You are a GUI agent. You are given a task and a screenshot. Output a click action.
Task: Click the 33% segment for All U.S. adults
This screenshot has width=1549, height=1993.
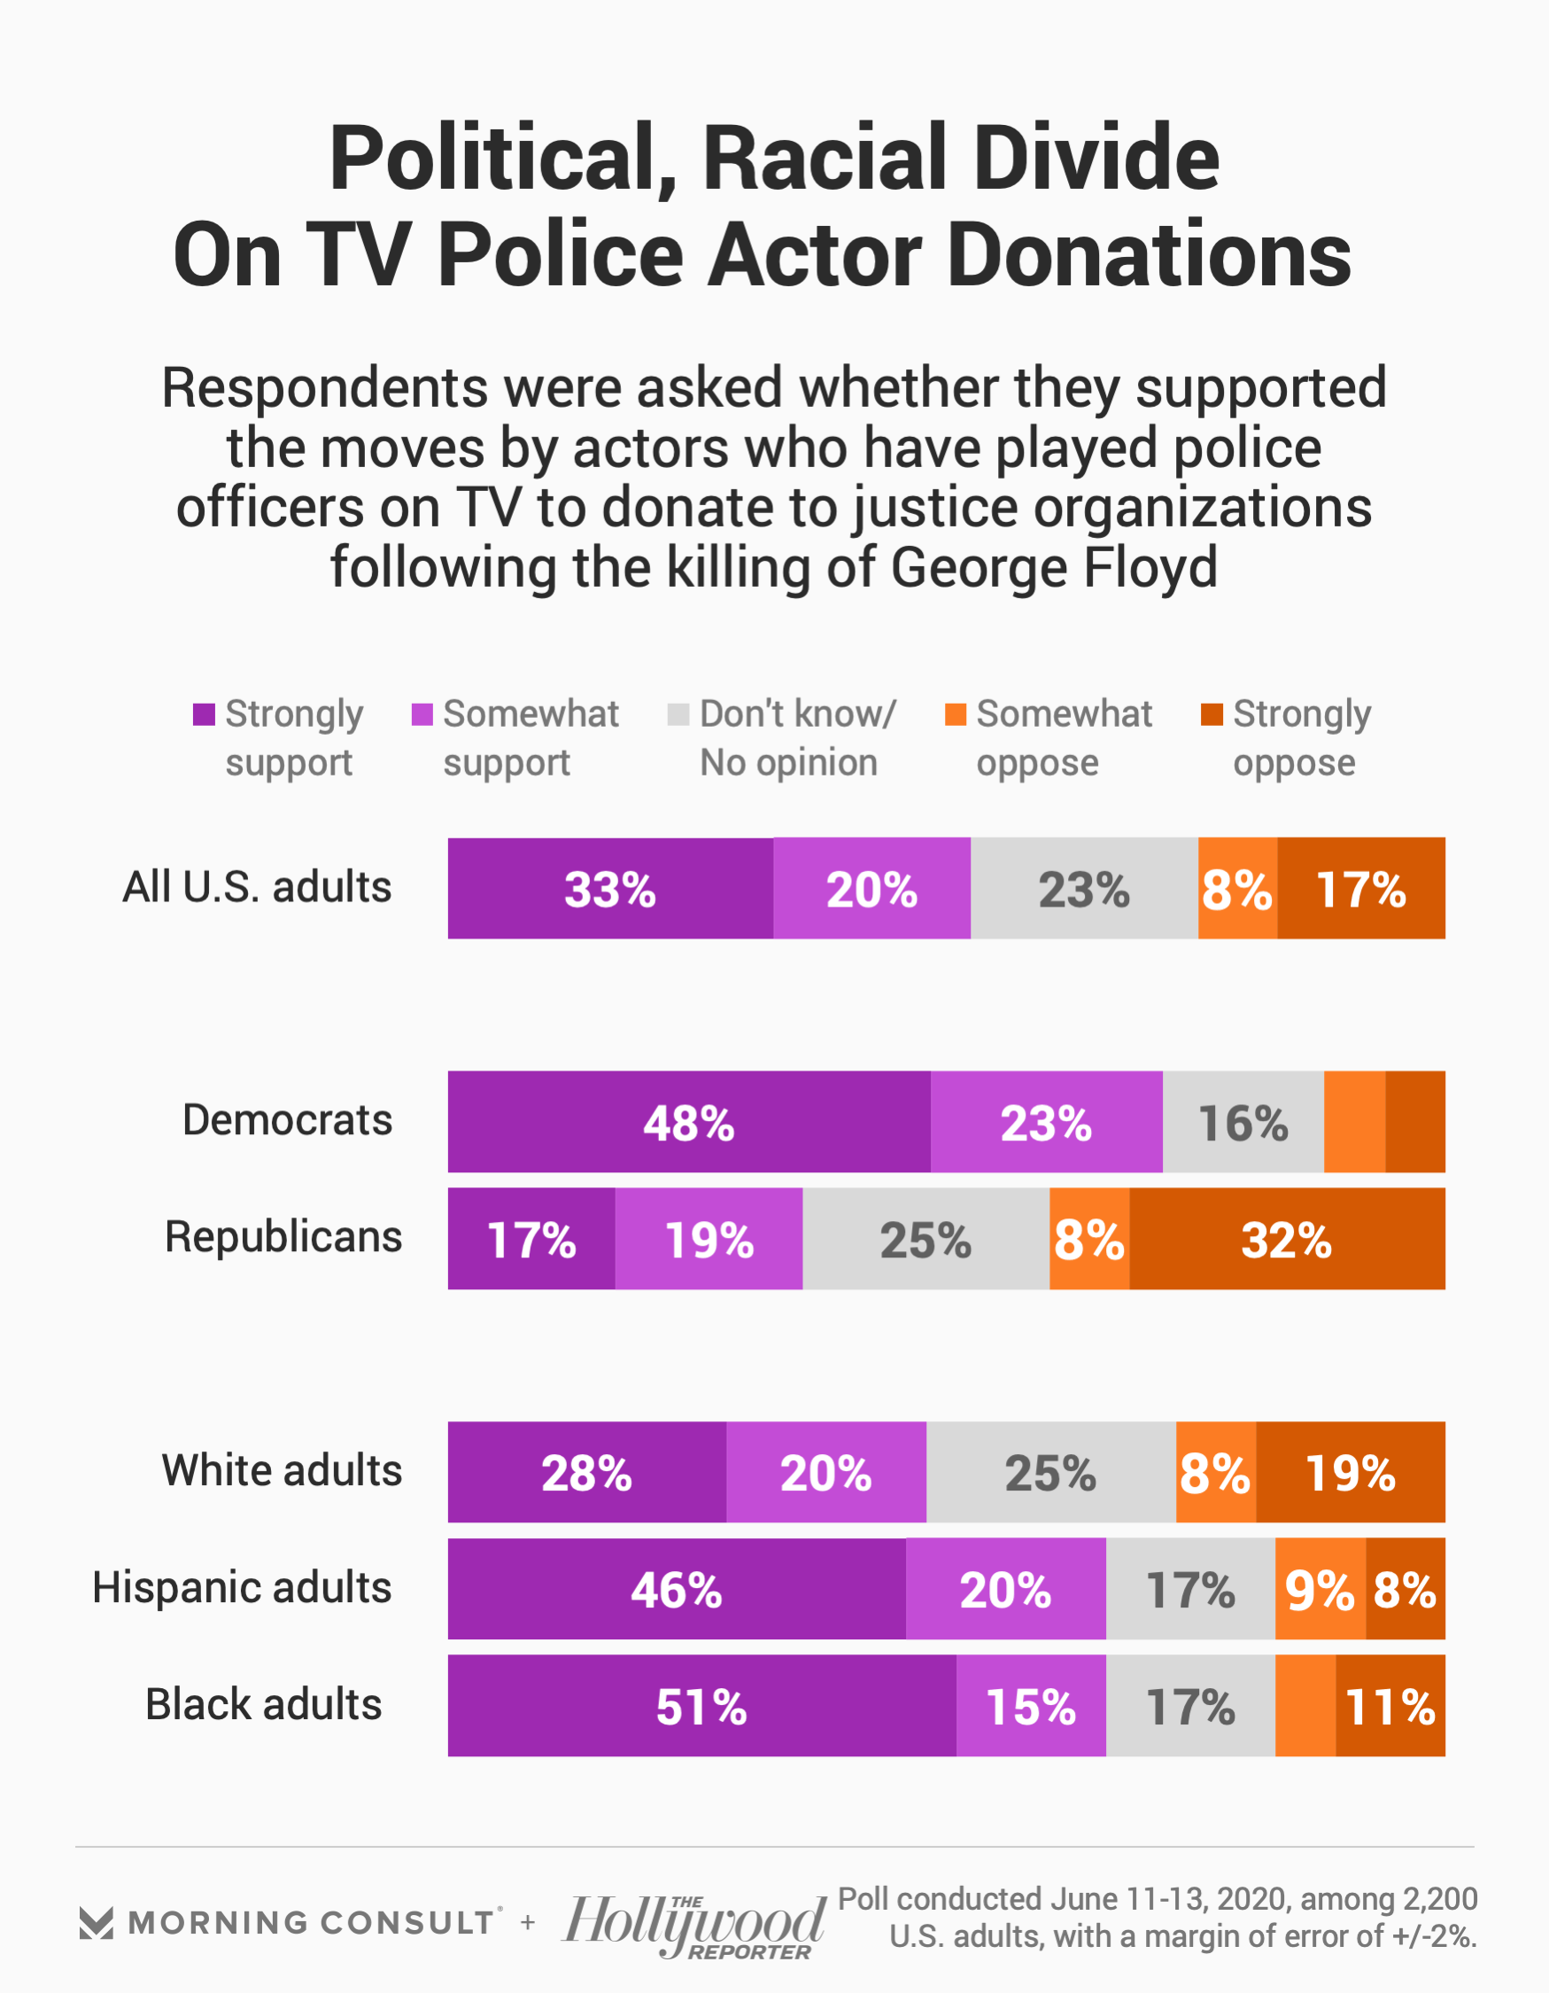[610, 888]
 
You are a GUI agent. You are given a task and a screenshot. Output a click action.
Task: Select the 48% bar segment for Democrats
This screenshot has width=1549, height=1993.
[689, 1122]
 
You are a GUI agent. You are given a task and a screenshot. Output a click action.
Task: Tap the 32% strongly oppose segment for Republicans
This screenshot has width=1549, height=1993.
[1286, 1238]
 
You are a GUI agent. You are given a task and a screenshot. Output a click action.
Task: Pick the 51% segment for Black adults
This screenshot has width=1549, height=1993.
[701, 1706]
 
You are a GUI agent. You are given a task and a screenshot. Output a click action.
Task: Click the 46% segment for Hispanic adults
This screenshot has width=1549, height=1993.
[676, 1589]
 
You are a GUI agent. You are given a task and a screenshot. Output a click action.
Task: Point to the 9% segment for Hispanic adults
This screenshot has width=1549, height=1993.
[1319, 1589]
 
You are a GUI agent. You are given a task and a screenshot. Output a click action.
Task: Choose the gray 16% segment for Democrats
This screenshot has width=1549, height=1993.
[1243, 1122]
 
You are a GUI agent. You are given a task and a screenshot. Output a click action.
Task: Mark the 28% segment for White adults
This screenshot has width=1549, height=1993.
[586, 1472]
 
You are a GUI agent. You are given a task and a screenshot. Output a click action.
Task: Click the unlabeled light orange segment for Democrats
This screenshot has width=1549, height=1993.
[1354, 1122]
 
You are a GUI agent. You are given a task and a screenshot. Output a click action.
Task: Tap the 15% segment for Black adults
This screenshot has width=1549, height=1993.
[1031, 1706]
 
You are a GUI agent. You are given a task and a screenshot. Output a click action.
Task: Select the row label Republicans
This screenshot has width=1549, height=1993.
[283, 1237]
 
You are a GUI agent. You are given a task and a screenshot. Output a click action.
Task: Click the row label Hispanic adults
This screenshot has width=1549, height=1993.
[242, 1588]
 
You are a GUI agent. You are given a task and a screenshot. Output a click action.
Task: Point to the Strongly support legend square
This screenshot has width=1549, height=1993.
[204, 714]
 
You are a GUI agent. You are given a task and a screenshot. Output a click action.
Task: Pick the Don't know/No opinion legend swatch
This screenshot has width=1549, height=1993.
[678, 714]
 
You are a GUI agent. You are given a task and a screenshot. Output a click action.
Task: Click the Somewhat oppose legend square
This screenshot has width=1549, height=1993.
[955, 714]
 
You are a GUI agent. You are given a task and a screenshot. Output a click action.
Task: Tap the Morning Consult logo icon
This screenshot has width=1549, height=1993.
[96, 1923]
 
